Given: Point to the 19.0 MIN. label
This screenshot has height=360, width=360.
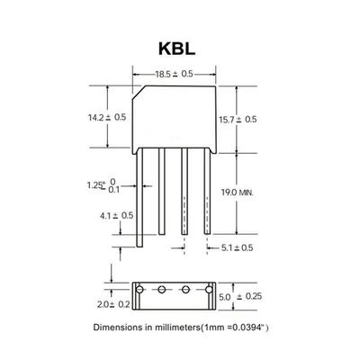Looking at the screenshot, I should point(259,193).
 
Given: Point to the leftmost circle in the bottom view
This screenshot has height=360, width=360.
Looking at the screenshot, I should point(141,291).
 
